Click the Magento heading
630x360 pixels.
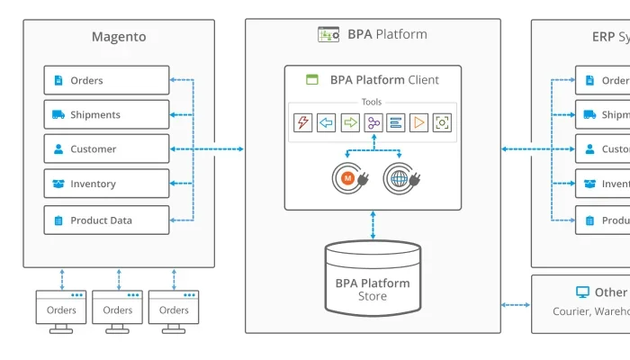click(119, 37)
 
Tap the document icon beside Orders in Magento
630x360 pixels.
click(58, 80)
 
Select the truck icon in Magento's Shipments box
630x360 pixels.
click(58, 114)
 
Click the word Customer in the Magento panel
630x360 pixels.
click(94, 149)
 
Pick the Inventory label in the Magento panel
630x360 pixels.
click(94, 184)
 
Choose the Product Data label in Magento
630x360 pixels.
click(101, 220)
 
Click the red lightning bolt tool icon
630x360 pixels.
click(302, 122)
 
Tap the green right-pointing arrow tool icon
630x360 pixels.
click(349, 122)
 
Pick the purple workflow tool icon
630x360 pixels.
click(373, 122)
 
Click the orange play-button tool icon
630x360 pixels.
click(418, 122)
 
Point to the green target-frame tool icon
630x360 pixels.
click(442, 122)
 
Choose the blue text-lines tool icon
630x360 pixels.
click(395, 122)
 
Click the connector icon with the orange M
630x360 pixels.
click(349, 178)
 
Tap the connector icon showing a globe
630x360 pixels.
click(400, 178)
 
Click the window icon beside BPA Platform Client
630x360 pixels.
click(312, 79)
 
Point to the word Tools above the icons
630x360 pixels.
click(373, 102)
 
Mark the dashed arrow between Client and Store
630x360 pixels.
click(373, 225)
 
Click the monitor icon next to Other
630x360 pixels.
click(582, 292)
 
